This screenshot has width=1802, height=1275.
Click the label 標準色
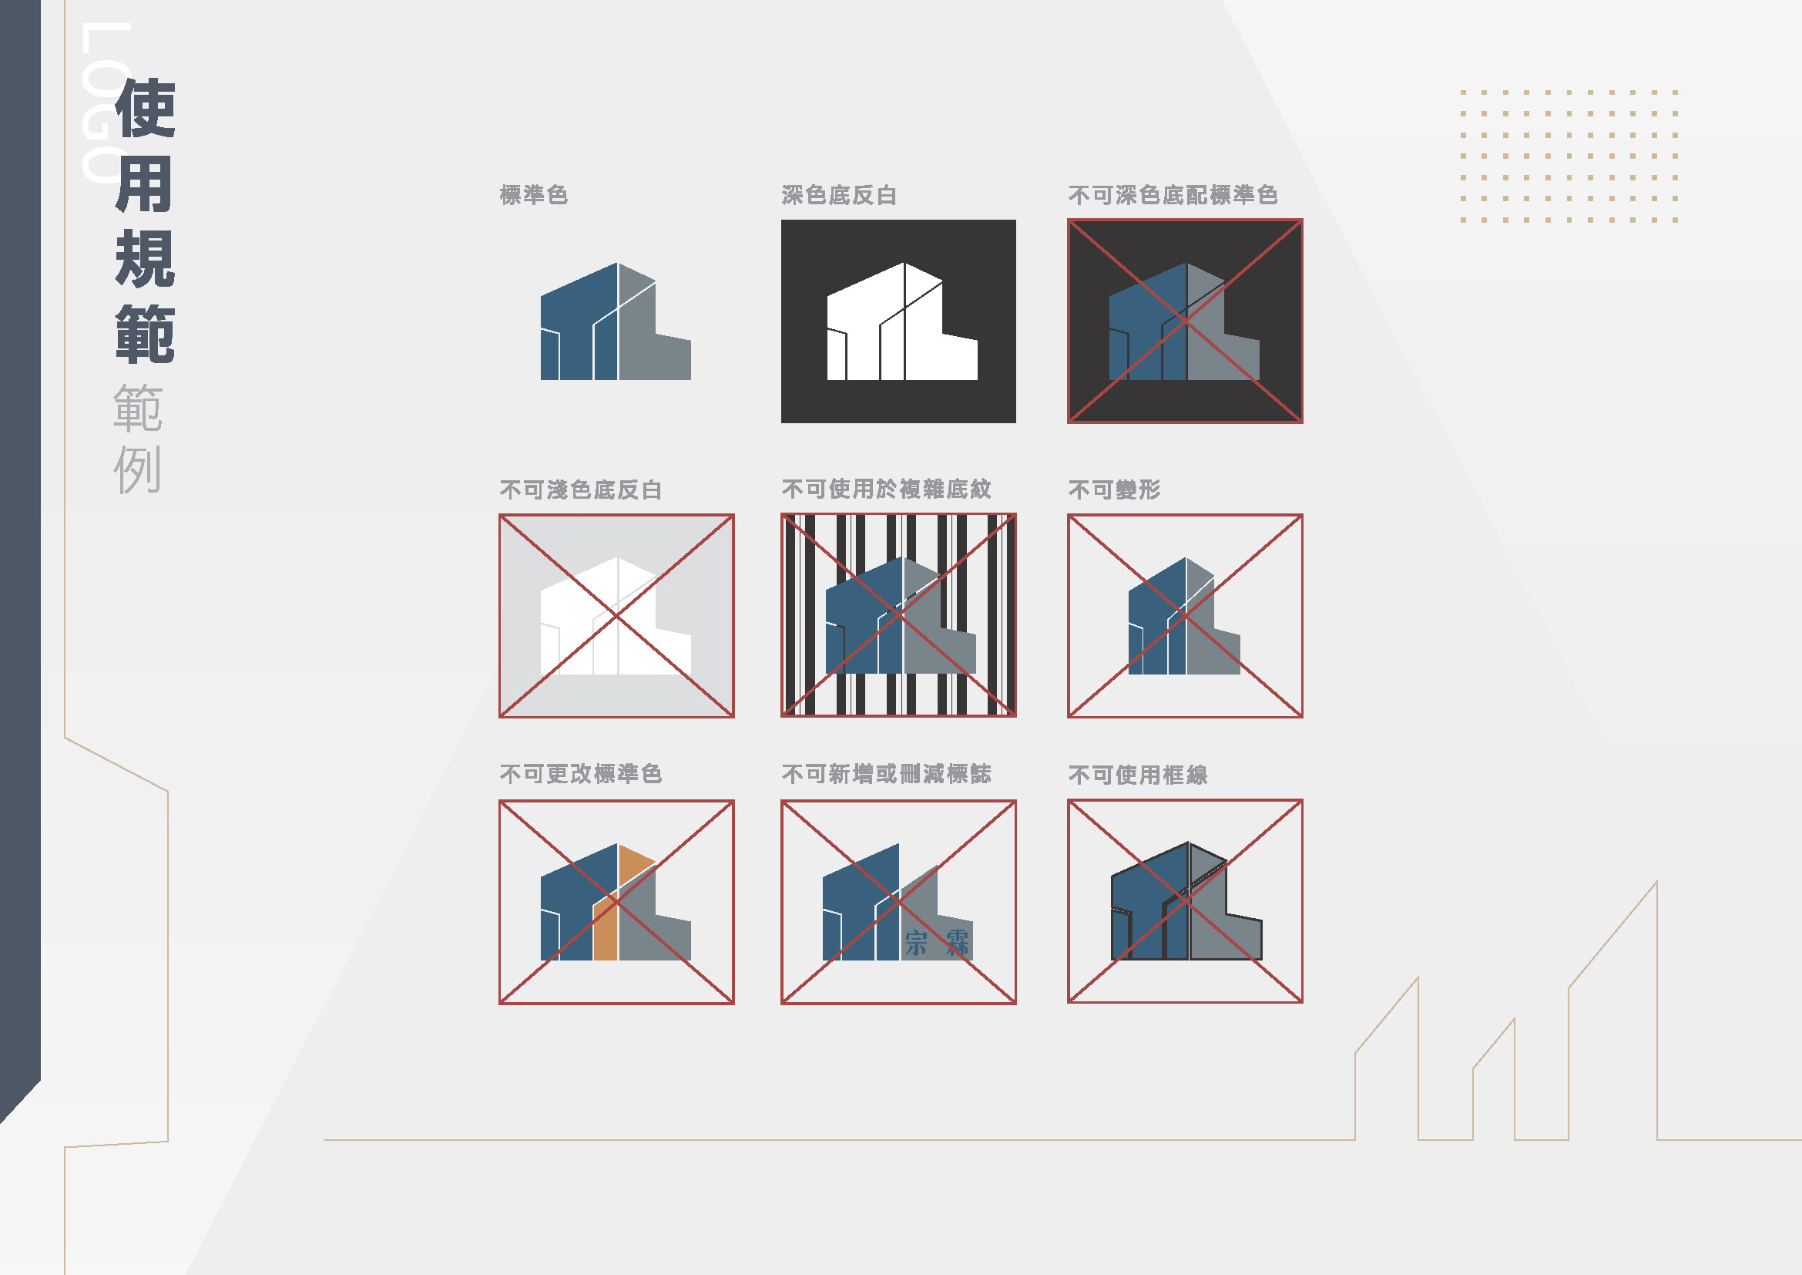coord(534,195)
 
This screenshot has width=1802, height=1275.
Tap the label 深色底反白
coord(839,195)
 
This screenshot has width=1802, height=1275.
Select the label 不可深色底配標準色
coord(1173,195)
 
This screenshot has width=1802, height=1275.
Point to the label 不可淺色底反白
coord(581,490)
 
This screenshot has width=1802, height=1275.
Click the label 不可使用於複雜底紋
coord(886,489)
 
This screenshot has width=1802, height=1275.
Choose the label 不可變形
coord(1115,490)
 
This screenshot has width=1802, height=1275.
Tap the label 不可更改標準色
coord(581,774)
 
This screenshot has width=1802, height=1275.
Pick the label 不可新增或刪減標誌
coord(886,774)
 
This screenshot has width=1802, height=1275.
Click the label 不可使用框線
coord(1138,775)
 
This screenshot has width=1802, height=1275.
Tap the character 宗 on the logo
coord(915,943)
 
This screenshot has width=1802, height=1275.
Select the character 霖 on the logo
coord(957,943)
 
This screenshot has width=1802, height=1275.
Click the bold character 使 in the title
coord(145,109)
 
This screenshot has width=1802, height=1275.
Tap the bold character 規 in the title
coord(145,259)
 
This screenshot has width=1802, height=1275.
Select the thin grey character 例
coord(137,469)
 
